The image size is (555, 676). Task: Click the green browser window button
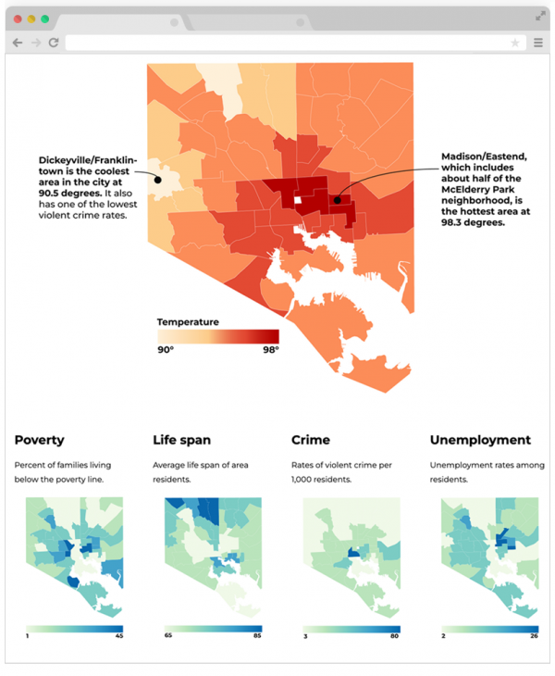click(x=44, y=19)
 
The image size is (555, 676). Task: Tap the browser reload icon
click(x=54, y=43)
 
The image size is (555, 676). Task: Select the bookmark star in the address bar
click(x=515, y=43)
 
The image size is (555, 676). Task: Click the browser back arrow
click(x=18, y=43)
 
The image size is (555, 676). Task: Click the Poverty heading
click(x=40, y=440)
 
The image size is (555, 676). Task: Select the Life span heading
click(x=182, y=440)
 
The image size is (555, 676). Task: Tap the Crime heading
click(x=310, y=440)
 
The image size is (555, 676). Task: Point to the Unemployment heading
click(x=480, y=440)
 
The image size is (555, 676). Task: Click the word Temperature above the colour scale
click(x=188, y=321)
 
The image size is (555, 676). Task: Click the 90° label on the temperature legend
click(x=165, y=349)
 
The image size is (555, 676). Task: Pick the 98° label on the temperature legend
click(x=269, y=349)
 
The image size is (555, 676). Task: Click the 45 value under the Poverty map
click(x=118, y=635)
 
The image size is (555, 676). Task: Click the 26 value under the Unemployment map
click(x=534, y=635)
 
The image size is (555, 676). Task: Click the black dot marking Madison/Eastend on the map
click(x=338, y=199)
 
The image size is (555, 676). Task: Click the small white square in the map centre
click(x=297, y=200)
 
